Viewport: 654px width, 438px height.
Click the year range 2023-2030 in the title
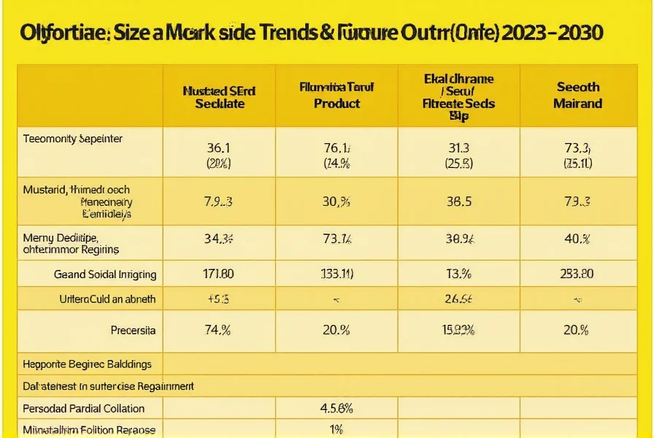tap(553, 33)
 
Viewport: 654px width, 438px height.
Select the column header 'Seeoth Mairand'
tap(577, 95)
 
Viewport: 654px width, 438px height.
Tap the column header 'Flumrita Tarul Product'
tap(336, 95)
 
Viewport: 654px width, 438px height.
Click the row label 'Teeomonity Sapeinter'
tap(73, 138)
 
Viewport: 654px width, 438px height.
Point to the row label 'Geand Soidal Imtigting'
tap(105, 274)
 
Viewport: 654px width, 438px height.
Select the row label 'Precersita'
tap(133, 330)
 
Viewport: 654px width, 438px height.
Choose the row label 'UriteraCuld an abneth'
tap(107, 299)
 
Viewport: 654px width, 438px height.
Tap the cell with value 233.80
tap(577, 274)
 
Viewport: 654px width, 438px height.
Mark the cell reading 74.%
tap(218, 330)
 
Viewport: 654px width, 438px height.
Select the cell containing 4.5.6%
tap(336, 408)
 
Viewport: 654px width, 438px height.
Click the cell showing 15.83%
tap(458, 330)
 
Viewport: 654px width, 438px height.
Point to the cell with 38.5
tap(458, 201)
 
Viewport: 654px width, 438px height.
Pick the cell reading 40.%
tap(577, 237)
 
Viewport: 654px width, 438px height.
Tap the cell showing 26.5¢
tap(458, 299)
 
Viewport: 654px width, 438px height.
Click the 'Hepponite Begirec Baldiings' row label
tap(88, 364)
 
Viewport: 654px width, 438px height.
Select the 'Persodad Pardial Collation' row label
tap(84, 408)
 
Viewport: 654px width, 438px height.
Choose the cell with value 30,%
tap(336, 201)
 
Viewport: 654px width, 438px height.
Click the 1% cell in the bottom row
tap(336, 429)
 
